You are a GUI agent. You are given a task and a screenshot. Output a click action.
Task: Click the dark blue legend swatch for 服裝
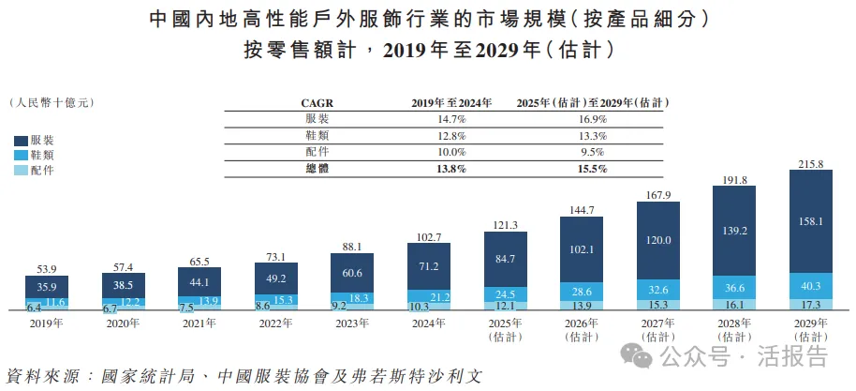tap(21, 140)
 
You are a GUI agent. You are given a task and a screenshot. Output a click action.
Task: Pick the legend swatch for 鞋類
tap(21, 155)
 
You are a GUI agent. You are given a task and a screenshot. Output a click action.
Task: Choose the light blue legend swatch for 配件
tap(21, 170)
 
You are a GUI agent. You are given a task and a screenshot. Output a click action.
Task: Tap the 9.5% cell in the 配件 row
tap(594, 151)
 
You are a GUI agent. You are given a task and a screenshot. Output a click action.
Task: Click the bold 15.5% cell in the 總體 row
tap(594, 168)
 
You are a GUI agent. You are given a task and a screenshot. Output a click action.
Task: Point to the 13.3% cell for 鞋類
tap(594, 135)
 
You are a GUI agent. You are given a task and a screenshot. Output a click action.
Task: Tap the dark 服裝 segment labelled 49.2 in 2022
tap(276, 278)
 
